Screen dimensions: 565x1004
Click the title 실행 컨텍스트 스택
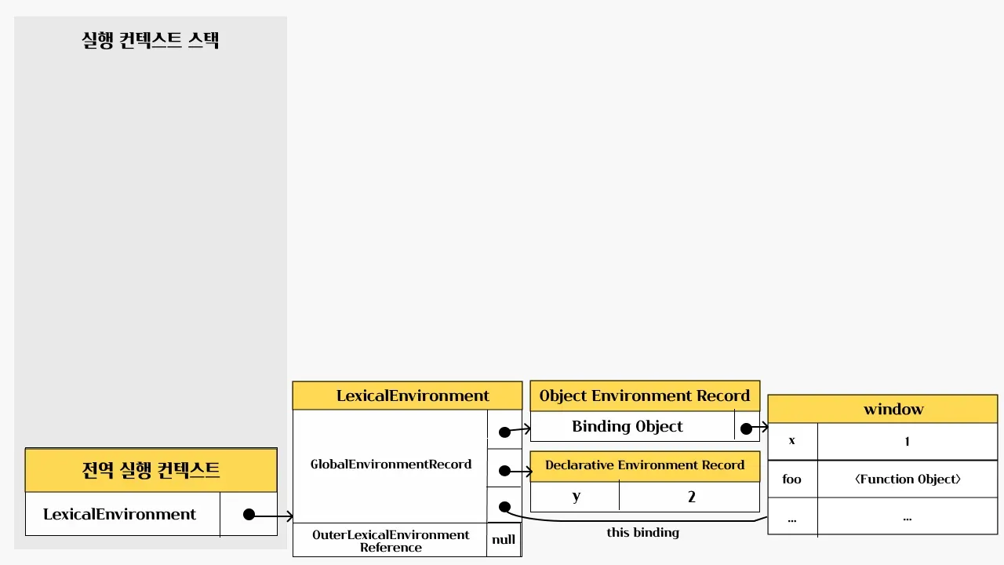point(151,40)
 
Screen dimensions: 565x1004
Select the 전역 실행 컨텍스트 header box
point(151,470)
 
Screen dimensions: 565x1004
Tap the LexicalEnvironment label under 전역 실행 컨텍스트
point(120,514)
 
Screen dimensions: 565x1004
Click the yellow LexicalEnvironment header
point(407,395)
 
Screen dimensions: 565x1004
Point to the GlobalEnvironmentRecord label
point(391,464)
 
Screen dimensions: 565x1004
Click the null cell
point(504,540)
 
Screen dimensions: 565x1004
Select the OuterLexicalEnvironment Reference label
point(391,541)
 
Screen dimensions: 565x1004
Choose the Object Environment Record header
point(645,395)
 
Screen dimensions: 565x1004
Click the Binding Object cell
point(627,426)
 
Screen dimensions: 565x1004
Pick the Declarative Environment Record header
point(645,465)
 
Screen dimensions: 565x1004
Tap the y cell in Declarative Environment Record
point(577,496)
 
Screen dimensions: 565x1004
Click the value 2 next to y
point(691,496)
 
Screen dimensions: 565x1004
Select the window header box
point(882,409)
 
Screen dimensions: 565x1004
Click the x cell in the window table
point(792,440)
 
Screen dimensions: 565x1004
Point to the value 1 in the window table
point(907,441)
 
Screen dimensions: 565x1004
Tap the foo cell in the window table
point(792,479)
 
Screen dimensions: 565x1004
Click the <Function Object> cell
point(907,479)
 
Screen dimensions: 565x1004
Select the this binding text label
point(643,532)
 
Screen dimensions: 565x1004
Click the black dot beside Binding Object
point(746,428)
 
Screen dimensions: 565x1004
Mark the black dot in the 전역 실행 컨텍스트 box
point(249,515)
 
